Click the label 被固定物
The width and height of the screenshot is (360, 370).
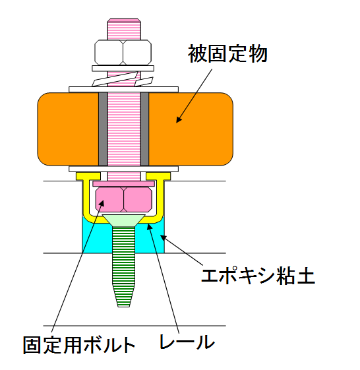pos(227,54)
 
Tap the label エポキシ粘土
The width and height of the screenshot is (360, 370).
pos(258,275)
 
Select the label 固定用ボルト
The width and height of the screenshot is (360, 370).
pos(79,345)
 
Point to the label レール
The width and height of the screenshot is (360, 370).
pos(187,342)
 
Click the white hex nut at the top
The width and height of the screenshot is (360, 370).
pos(123,52)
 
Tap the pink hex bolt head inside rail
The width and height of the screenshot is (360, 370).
pos(123,199)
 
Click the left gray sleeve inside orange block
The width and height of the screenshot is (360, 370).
pos(103,129)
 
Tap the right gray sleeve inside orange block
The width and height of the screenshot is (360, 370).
pos(144,129)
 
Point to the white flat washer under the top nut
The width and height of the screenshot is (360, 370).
pos(123,69)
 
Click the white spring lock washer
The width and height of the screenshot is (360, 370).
pos(123,79)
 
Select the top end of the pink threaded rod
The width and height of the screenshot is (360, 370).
pos(124,19)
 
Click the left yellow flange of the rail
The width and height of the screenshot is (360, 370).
pos(88,176)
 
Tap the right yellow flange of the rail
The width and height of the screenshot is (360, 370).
pos(158,176)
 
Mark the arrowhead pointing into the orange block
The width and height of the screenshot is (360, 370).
pos(179,119)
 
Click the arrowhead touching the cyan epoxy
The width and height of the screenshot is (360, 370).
pos(164,237)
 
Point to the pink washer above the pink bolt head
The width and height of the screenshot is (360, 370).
pos(123,183)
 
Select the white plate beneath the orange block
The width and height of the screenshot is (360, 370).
pos(123,169)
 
